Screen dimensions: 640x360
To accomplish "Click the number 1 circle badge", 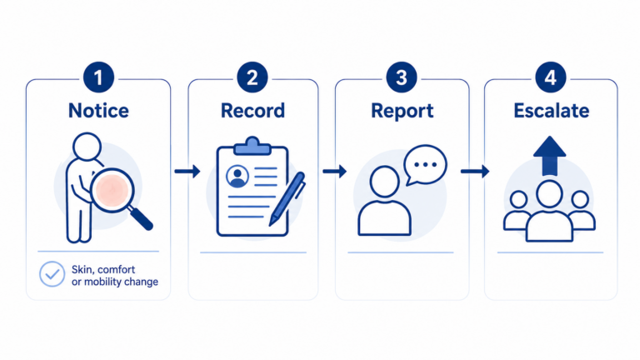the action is pos(98,77).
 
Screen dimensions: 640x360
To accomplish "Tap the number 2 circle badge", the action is pos(252,77).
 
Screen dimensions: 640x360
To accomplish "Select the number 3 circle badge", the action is pos(402,77).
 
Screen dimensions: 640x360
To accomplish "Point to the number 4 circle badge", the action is pos(551,77).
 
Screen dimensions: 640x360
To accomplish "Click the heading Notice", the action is pos(98,111).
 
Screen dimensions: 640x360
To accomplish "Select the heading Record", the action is pos(252,111).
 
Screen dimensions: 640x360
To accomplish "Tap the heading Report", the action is pos(402,111).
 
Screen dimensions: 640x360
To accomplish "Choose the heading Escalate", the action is pos(551,111).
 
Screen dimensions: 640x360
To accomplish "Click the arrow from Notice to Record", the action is pos(187,171).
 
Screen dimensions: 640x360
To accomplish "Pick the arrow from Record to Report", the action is pos(335,171).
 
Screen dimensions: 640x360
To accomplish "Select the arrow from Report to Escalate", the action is pos(475,171).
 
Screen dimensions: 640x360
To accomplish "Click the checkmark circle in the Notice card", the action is pos(52,274).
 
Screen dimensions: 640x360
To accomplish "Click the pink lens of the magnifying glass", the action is pos(112,190).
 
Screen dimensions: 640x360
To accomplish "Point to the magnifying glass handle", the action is pos(141,218).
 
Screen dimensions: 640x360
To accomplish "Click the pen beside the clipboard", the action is pos(287,199).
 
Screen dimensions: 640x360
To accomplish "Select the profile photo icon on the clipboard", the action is pos(237,177).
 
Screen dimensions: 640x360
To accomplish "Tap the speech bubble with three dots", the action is pos(425,165).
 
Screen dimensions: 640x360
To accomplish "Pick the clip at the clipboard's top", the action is pos(252,147).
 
